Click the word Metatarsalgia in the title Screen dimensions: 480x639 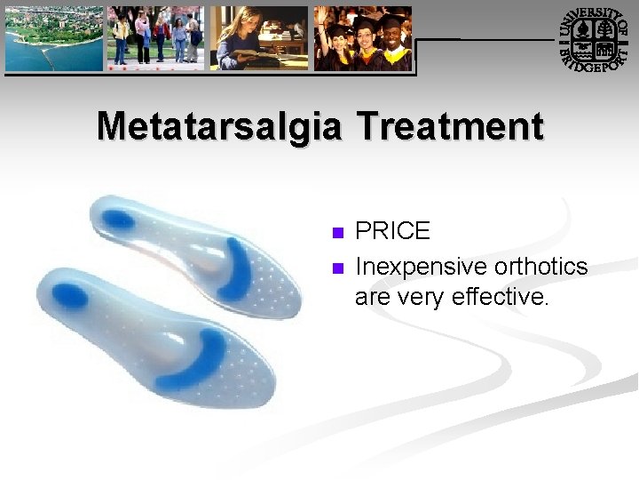pyautogui.click(x=220, y=126)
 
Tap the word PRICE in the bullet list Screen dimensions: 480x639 pyautogui.click(x=392, y=231)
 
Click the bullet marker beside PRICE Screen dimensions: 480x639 pyautogui.click(x=336, y=233)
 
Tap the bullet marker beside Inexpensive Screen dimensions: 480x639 pyautogui.click(x=336, y=268)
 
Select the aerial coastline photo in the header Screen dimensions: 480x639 pyautogui.click(x=52, y=39)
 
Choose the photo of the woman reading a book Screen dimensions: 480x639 pyautogui.click(x=259, y=39)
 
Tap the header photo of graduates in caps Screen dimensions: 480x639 pyautogui.click(x=363, y=39)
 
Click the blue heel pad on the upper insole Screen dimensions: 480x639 pyautogui.click(x=122, y=218)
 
